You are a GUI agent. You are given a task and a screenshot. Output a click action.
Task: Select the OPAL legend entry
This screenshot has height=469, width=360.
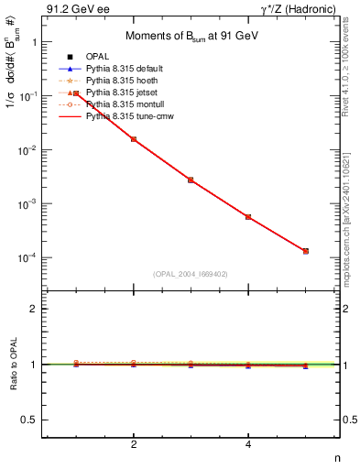[97, 57]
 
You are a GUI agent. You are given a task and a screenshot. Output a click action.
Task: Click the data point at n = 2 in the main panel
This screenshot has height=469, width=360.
[134, 139]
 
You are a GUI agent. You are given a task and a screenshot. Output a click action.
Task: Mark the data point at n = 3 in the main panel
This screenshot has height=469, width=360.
[191, 180]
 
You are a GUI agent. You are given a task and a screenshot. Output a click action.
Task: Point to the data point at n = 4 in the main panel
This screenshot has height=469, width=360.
[248, 217]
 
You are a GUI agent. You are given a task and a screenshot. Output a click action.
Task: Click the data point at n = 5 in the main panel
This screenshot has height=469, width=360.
[305, 251]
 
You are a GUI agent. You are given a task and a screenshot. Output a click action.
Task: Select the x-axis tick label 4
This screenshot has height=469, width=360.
[248, 444]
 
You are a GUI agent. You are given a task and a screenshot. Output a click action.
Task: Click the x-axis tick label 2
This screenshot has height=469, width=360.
[134, 444]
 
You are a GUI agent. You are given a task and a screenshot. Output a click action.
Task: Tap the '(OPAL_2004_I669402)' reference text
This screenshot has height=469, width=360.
[191, 274]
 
